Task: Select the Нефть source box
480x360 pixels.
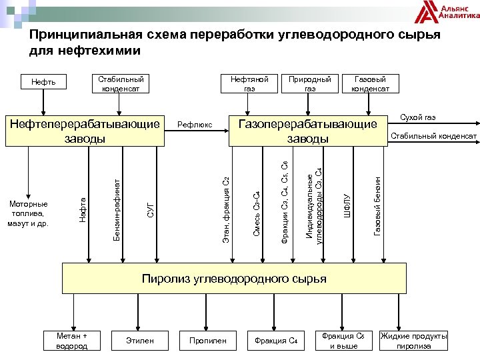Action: tap(43, 83)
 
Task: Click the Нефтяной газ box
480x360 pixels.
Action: tap(249, 83)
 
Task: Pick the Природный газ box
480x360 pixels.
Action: tap(310, 83)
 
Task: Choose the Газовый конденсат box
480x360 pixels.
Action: tap(370, 83)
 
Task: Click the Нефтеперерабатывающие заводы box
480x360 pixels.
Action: tap(84, 131)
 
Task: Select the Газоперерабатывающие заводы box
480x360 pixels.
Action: tap(307, 131)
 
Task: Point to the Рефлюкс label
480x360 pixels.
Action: tap(195, 125)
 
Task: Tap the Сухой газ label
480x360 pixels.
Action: tap(417, 117)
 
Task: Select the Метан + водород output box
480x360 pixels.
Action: tap(72, 341)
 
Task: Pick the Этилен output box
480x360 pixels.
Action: tap(139, 341)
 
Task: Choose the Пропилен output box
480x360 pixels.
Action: tap(207, 341)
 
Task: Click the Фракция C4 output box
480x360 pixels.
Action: tap(275, 341)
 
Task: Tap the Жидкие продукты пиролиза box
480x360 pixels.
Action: tap(413, 341)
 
